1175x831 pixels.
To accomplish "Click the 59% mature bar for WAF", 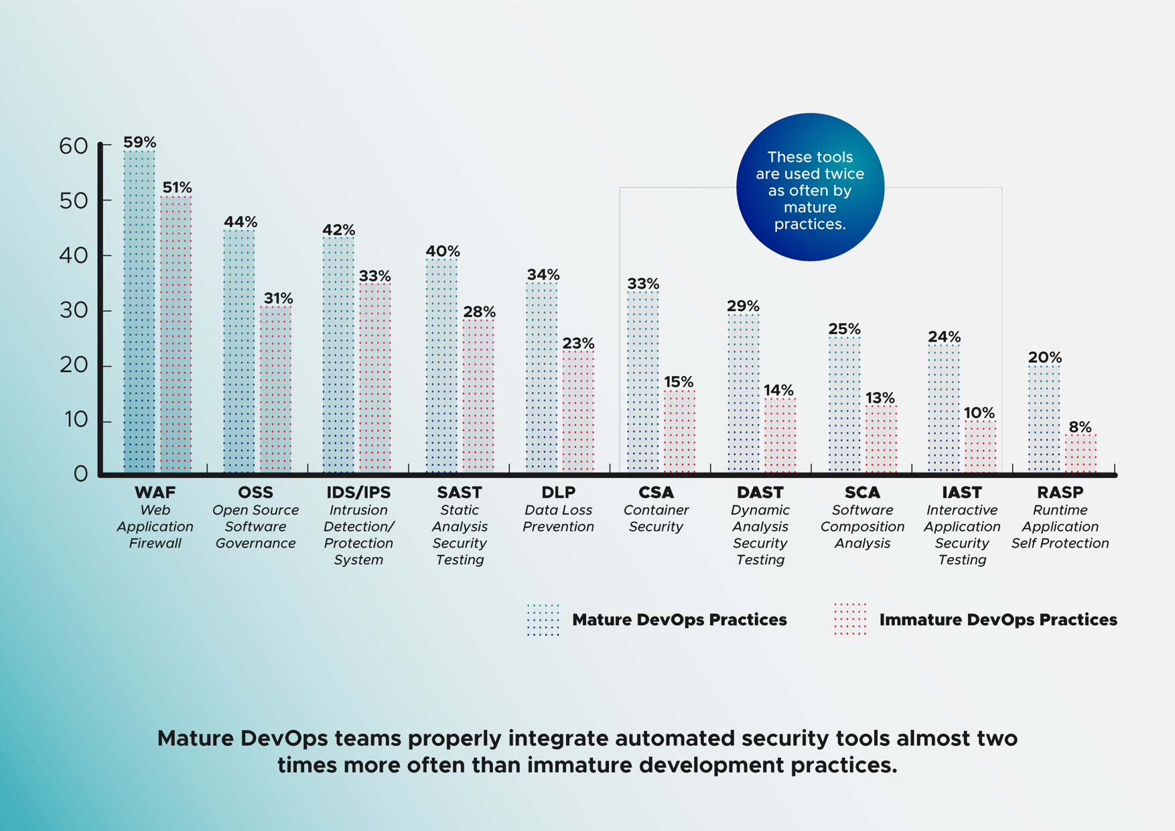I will pyautogui.click(x=139, y=312).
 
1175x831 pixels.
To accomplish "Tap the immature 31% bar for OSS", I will pyautogui.click(x=276, y=389).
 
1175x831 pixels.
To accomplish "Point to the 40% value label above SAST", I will pyautogui.click(x=443, y=251).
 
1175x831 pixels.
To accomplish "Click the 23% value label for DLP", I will pyautogui.click(x=578, y=343).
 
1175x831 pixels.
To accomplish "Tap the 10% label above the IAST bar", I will pyautogui.click(x=979, y=413).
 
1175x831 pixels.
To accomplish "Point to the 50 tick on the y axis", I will pyautogui.click(x=74, y=200).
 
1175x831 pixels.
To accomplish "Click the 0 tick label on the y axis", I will pyautogui.click(x=80, y=474).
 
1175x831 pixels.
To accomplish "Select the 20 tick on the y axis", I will pyautogui.click(x=74, y=365).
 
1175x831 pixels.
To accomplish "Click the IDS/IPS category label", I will pyautogui.click(x=358, y=493).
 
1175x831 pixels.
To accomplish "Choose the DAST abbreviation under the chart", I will pyautogui.click(x=760, y=493).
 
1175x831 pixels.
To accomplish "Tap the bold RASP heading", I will pyautogui.click(x=1060, y=493).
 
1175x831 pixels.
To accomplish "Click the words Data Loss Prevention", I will pyautogui.click(x=558, y=519).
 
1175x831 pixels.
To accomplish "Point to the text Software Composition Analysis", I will pyautogui.click(x=862, y=527).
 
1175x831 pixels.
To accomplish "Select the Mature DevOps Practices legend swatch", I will pyautogui.click(x=543, y=620).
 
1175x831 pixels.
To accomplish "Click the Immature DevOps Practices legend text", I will pyautogui.click(x=997, y=620).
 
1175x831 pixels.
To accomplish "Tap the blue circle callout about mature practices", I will pyautogui.click(x=810, y=187).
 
